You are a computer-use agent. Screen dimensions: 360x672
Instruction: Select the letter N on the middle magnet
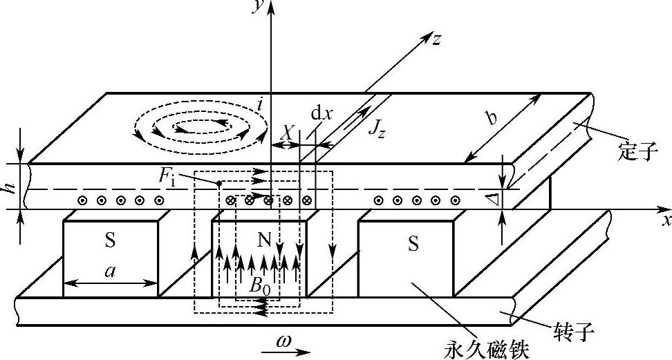point(263,240)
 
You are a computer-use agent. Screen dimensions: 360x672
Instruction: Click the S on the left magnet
point(110,242)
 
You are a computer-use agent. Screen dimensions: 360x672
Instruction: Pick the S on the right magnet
point(413,244)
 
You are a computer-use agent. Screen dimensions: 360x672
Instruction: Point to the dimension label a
point(109,272)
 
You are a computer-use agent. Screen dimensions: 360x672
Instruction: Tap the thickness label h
point(9,181)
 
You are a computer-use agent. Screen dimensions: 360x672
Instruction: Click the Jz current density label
point(376,129)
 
